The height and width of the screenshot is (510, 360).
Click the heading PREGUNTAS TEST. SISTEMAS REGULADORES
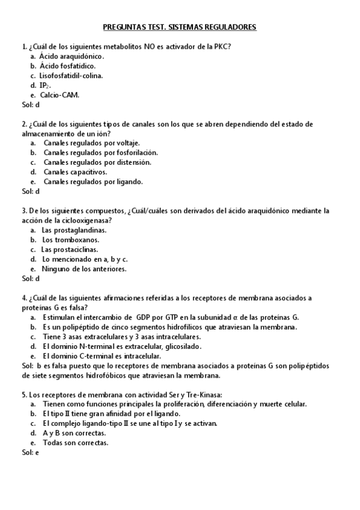[180, 27]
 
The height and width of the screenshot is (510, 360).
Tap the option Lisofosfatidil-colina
[71, 75]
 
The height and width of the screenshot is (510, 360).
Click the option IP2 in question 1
[45, 85]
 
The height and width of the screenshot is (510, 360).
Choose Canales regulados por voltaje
[91, 143]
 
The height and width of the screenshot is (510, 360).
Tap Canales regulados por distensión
[97, 162]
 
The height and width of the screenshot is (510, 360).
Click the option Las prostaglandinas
[74, 230]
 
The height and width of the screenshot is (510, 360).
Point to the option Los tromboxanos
[71, 240]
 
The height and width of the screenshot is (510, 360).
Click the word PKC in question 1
[224, 46]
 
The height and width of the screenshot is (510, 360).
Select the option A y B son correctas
[75, 433]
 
